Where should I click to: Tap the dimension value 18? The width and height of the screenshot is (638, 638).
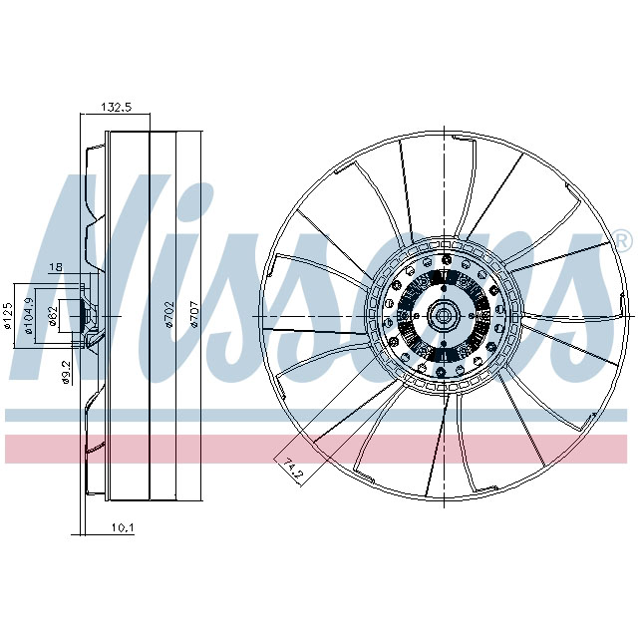click(56, 267)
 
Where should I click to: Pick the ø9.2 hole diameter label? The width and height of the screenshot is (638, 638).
click(64, 370)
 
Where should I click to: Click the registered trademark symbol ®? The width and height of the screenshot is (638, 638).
click(621, 240)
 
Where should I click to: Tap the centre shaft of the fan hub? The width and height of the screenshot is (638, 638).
click(442, 317)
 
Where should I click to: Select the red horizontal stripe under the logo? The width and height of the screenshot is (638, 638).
click(319, 449)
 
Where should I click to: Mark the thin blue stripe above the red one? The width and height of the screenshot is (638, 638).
click(319, 414)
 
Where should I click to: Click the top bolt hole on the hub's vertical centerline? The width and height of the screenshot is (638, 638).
click(442, 261)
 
